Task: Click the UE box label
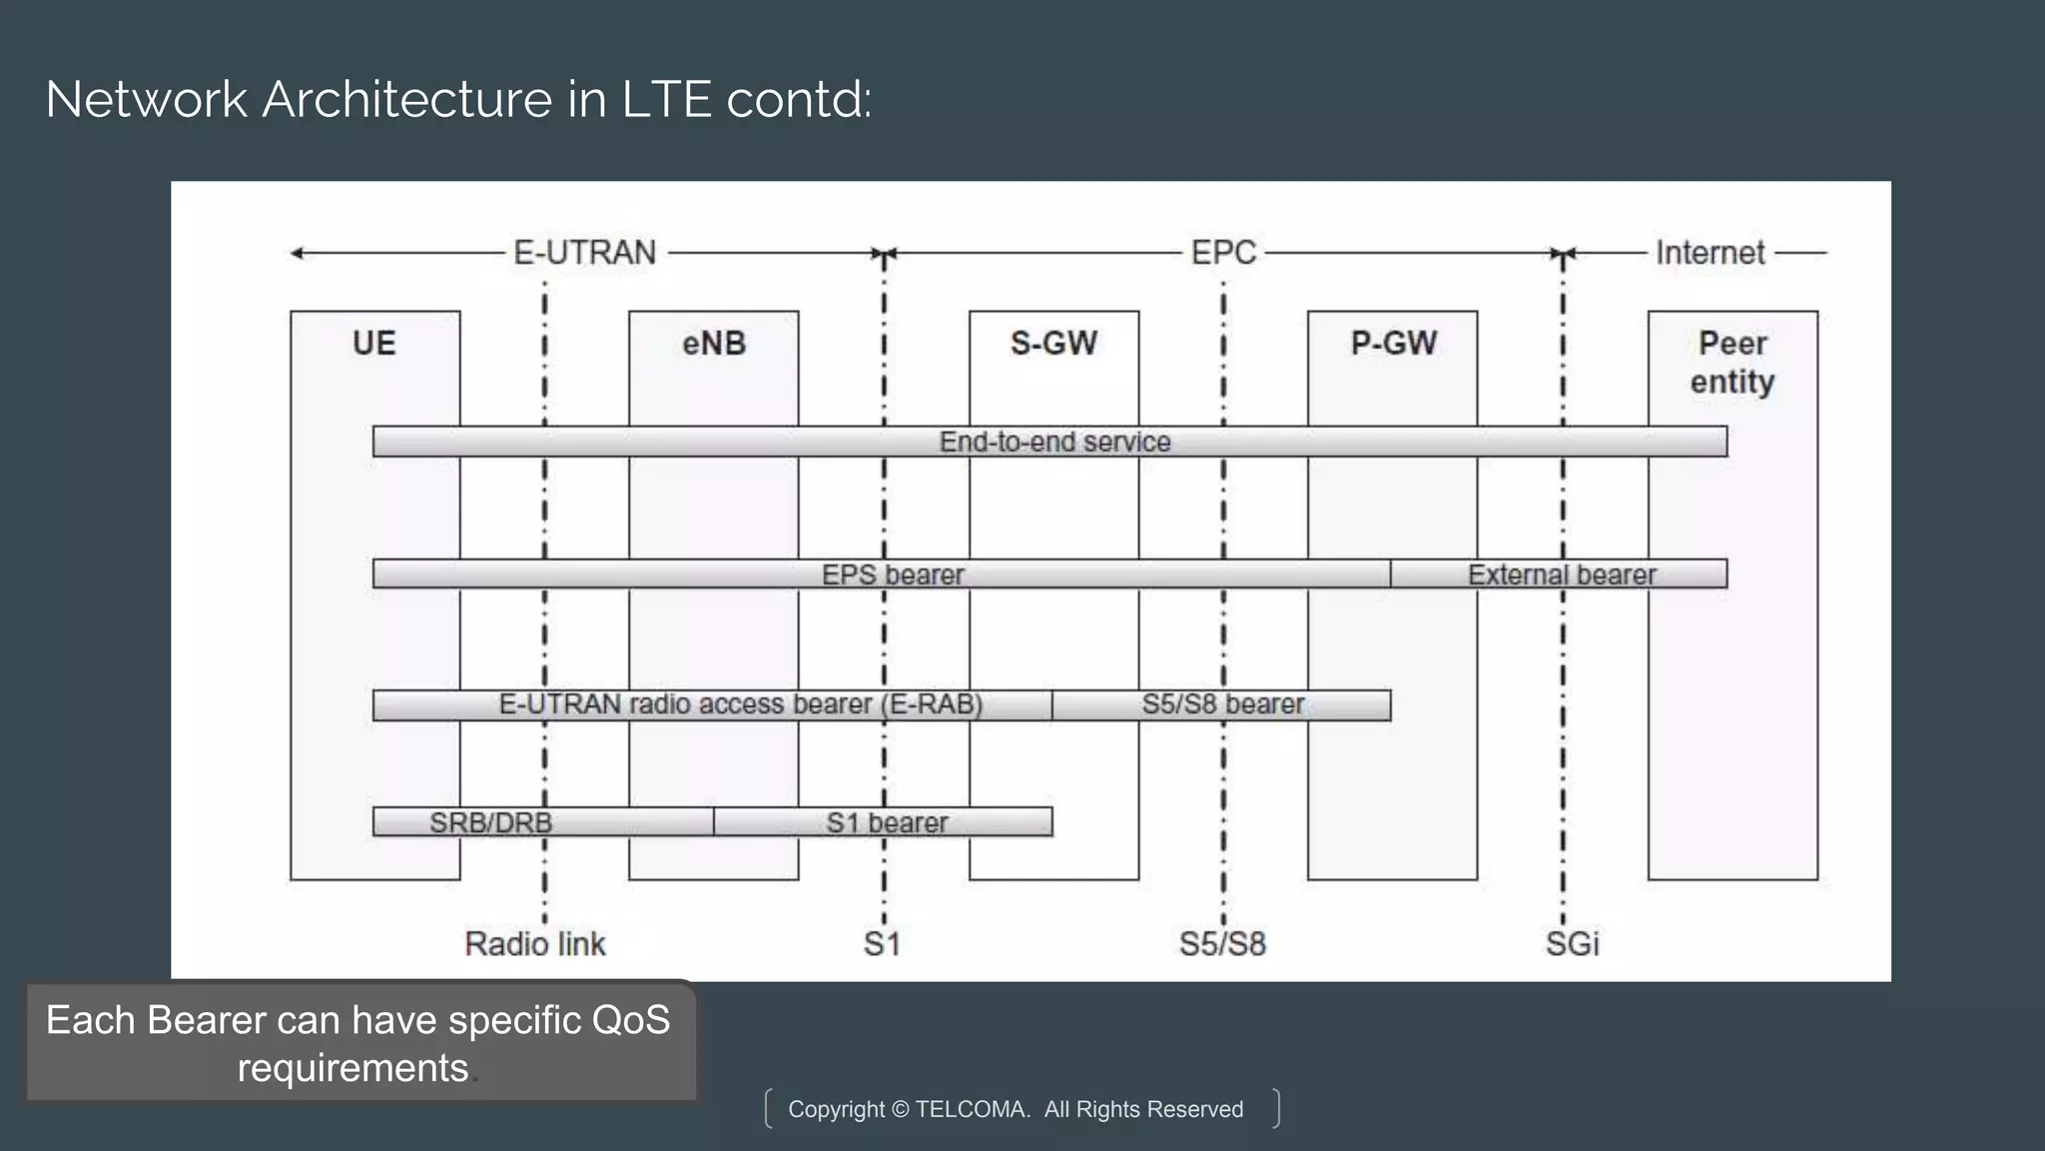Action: (374, 344)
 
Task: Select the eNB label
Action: (714, 344)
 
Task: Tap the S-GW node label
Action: (1053, 344)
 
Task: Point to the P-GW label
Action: (1393, 344)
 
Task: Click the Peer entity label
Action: (1732, 363)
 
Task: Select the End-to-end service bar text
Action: (1054, 442)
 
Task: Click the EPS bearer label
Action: (893, 575)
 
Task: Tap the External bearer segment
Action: (1561, 575)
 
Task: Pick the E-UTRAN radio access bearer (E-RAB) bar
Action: (740, 704)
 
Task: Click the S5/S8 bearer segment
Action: (1222, 704)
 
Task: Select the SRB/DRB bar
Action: (490, 822)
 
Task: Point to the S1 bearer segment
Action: (887, 822)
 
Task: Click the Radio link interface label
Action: (535, 944)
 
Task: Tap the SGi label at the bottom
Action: (1572, 944)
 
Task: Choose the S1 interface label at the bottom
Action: (882, 944)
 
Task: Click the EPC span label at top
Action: (1223, 253)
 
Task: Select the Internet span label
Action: (1709, 253)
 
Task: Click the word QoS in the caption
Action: (630, 1020)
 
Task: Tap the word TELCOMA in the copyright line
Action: (972, 1109)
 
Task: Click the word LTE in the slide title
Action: (666, 100)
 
